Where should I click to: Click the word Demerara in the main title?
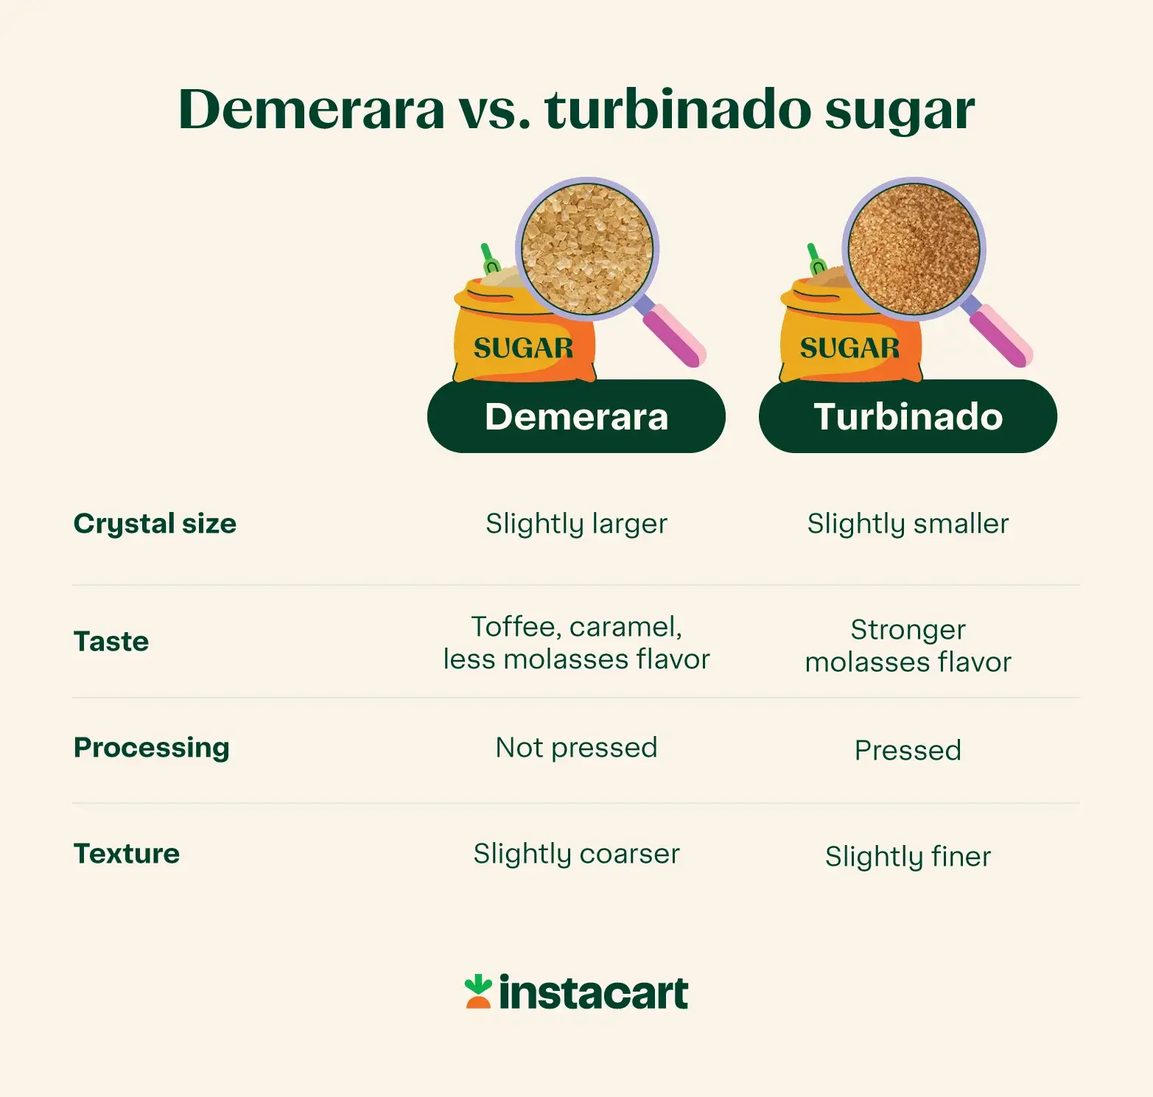(x=311, y=110)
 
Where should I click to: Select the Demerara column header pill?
(x=576, y=416)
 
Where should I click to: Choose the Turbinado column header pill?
(x=908, y=416)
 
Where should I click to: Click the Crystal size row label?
(x=155, y=524)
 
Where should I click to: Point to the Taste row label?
(x=111, y=642)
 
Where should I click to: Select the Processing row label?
(x=152, y=748)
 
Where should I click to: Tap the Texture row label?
(x=127, y=854)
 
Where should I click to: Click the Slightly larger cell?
(x=576, y=524)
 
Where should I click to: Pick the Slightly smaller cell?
(x=908, y=524)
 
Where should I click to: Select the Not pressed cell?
(x=576, y=748)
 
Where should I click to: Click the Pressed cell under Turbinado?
(x=908, y=751)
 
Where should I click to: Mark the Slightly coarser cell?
(x=576, y=854)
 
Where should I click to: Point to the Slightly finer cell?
(x=908, y=857)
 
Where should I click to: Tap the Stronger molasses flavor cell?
(x=908, y=646)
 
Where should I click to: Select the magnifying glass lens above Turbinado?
(x=914, y=249)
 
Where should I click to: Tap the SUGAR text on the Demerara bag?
(x=523, y=348)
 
